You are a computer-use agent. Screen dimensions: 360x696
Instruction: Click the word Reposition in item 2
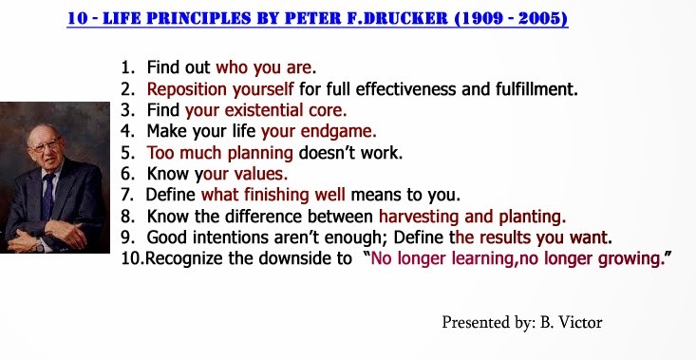pos(187,90)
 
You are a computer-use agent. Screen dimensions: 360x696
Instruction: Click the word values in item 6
pos(261,174)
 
